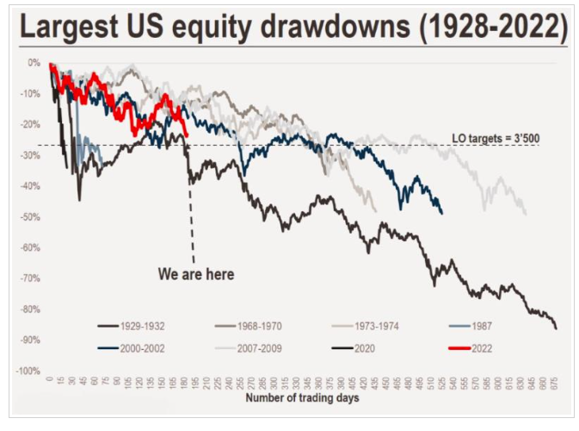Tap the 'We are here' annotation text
[195, 275]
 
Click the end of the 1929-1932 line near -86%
[556, 328]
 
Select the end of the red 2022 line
[188, 135]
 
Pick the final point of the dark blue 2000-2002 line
[441, 213]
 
